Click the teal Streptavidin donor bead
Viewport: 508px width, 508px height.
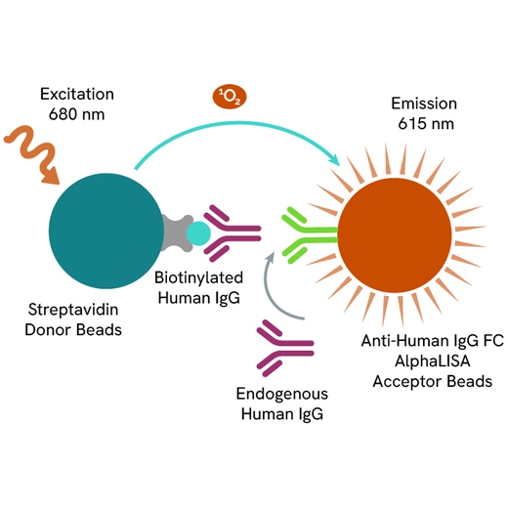tap(106, 231)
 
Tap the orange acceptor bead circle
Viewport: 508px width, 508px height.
tap(395, 235)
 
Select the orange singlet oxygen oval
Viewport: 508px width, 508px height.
tap(230, 97)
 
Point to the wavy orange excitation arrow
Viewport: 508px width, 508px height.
tap(32, 155)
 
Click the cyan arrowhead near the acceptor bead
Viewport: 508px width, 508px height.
tap(335, 159)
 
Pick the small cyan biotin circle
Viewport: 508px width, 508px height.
tap(198, 233)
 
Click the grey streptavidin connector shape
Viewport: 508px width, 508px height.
tap(177, 233)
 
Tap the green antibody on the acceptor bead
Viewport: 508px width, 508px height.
tap(310, 234)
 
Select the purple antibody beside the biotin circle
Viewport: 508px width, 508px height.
tap(233, 233)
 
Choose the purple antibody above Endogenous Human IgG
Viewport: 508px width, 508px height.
tap(285, 348)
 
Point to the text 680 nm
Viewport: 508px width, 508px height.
tap(77, 114)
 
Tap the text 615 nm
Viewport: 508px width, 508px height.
tap(426, 124)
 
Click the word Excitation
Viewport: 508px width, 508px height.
tap(77, 94)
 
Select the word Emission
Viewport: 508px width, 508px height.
tap(424, 104)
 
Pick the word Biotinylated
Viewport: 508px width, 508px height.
tap(198, 277)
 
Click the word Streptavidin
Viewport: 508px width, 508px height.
tap(73, 310)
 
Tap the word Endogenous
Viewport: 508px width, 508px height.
tap(282, 394)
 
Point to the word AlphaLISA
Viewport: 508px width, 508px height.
tap(433, 360)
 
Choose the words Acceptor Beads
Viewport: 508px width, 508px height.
tap(433, 381)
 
